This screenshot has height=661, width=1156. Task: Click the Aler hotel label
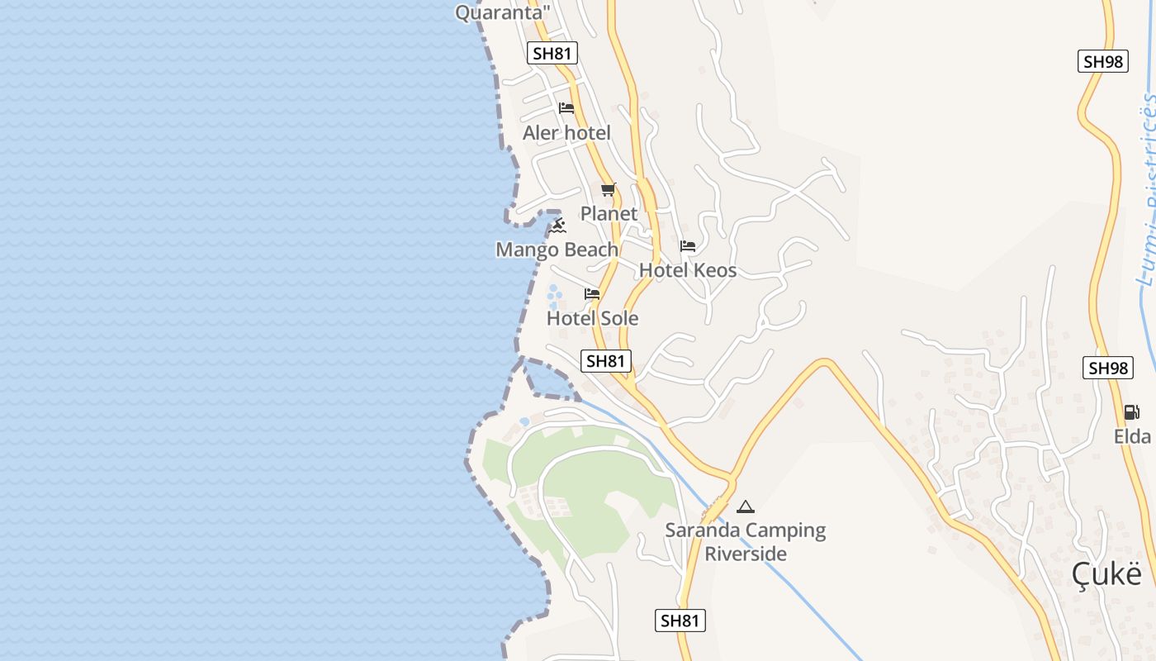pos(566,133)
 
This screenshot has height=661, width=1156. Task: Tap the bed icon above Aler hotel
pos(566,108)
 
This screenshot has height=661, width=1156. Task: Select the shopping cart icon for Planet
pos(609,190)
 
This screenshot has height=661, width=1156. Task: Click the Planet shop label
pos(609,214)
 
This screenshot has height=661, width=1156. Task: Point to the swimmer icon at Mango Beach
pos(559,225)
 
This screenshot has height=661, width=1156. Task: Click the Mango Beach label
pos(557,250)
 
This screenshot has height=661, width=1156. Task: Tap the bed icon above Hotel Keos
pos(688,246)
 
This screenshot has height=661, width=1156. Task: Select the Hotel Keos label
pos(688,270)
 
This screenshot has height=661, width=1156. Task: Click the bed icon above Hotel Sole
pos(592,294)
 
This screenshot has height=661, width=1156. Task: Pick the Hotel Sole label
pos(592,318)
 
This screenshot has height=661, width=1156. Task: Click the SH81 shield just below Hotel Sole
pos(606,361)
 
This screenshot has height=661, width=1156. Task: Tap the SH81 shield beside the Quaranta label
pos(552,54)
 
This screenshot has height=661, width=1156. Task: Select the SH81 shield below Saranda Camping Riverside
pos(680,621)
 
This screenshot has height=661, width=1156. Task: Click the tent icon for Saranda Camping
pos(746,506)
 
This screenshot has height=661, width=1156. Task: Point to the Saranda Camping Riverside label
pos(746,542)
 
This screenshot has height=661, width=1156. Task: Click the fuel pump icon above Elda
pos(1131,412)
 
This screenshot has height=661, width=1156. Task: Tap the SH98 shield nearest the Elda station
pos(1107,369)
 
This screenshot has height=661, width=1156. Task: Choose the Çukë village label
pos(1106,574)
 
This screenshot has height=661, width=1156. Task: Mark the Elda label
pos(1132,436)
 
